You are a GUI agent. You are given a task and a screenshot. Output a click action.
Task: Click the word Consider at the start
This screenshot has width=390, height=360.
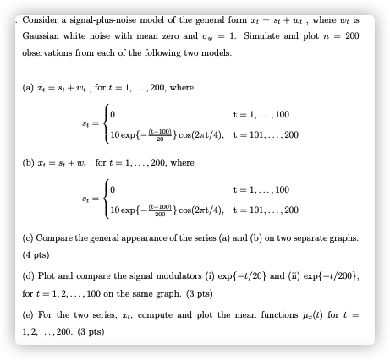39,19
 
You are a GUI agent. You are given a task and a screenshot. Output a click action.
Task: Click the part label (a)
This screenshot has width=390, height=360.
28,86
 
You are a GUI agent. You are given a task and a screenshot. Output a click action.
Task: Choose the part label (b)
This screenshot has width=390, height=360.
28,162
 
